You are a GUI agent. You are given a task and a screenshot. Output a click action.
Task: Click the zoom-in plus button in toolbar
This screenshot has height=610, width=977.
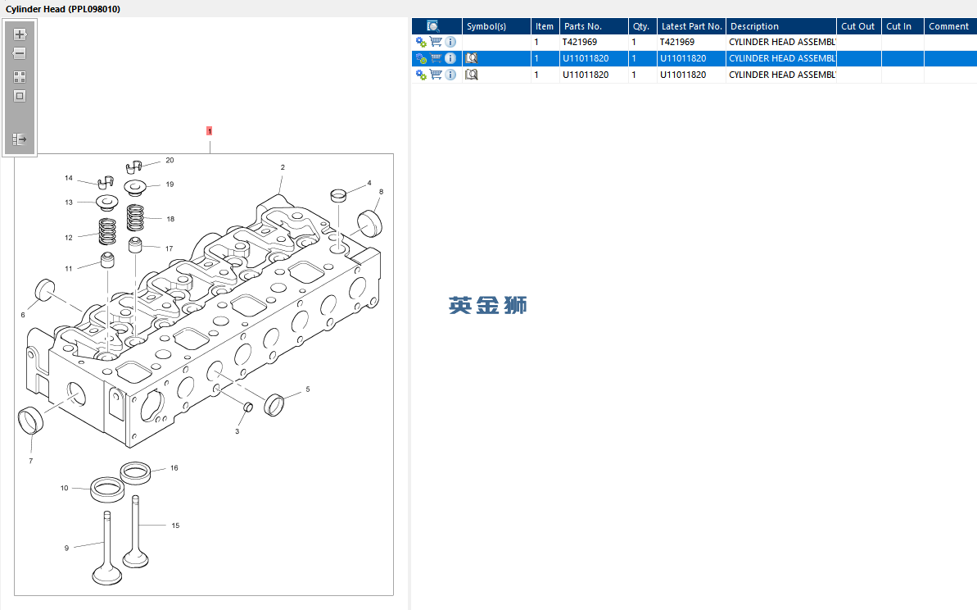[20, 34]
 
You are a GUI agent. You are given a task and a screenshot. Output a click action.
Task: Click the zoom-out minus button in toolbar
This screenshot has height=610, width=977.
[20, 53]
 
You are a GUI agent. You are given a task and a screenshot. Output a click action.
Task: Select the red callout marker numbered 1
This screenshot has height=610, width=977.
[210, 131]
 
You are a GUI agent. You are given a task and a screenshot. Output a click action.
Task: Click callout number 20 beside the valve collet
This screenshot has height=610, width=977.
[170, 161]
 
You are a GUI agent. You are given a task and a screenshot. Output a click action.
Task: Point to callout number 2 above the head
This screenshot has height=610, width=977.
[283, 167]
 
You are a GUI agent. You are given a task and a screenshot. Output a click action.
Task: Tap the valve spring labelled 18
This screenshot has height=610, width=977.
[135, 217]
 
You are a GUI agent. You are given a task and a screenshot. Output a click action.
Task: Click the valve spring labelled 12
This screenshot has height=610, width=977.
[107, 231]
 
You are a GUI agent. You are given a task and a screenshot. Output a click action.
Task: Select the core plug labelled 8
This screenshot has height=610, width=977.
[369, 223]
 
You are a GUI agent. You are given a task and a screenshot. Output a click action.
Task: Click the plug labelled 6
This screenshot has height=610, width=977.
[45, 290]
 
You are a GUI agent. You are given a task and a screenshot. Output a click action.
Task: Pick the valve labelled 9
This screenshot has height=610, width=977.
[106, 549]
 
